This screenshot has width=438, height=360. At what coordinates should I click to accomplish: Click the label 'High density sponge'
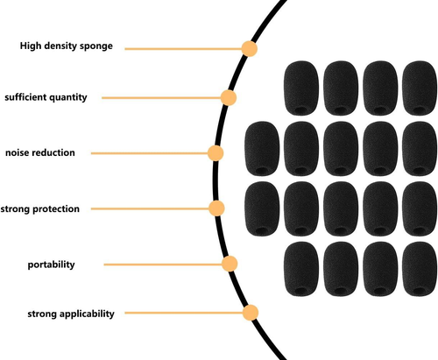tap(67, 46)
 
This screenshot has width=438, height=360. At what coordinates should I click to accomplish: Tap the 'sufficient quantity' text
tap(46, 97)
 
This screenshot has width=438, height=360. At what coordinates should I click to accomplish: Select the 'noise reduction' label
tap(40, 152)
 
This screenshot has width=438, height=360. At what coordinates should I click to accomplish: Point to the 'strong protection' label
tap(40, 209)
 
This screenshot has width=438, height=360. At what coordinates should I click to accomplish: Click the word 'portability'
tap(51, 265)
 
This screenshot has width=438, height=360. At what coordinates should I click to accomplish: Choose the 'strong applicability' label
tap(71, 314)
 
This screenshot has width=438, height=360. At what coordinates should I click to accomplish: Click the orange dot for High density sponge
tap(250, 48)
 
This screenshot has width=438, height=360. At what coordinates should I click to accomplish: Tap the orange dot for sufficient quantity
tap(229, 97)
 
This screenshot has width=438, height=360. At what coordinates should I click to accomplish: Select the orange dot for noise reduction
tap(215, 153)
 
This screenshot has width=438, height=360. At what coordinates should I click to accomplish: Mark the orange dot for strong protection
tap(216, 208)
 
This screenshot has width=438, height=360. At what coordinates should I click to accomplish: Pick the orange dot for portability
tap(230, 264)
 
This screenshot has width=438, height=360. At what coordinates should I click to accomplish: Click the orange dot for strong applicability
tap(251, 313)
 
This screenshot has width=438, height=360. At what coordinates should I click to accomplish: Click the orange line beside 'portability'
tap(163, 265)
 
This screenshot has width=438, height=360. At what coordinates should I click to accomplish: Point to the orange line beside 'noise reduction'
tap(150, 153)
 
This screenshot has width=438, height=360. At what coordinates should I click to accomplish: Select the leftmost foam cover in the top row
tap(301, 88)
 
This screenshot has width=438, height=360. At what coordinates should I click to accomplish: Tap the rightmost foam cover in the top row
tap(420, 88)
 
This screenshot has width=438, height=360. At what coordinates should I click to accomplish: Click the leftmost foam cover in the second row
tap(262, 149)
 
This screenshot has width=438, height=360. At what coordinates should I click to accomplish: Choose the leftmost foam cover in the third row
tap(262, 208)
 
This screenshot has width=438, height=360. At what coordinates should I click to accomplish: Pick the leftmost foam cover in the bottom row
tap(301, 269)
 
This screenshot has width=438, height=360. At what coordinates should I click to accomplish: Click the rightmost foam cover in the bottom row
tap(420, 269)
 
